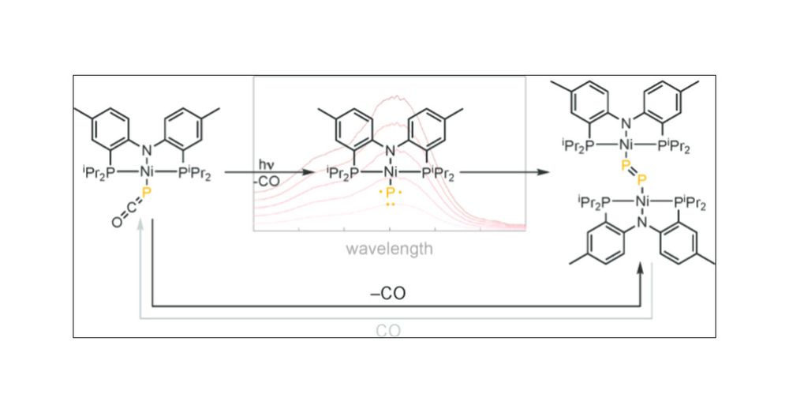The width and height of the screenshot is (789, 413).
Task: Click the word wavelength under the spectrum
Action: (x=389, y=249)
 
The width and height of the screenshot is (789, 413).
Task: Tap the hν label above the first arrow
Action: (x=266, y=165)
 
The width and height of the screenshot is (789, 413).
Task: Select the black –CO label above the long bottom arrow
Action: (x=388, y=293)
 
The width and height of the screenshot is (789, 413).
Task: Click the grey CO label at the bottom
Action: (x=388, y=331)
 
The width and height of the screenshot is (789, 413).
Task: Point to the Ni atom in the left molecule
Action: (x=147, y=172)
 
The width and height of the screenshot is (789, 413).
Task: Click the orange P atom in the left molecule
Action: (x=147, y=193)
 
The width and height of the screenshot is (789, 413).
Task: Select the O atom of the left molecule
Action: (x=117, y=222)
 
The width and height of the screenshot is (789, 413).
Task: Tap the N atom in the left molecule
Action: (x=147, y=150)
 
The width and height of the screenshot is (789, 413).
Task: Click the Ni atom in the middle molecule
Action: (x=391, y=172)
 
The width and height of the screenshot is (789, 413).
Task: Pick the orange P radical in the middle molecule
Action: (x=391, y=193)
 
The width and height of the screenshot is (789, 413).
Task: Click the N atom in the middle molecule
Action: (x=391, y=150)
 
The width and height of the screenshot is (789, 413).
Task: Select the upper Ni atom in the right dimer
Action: (x=626, y=145)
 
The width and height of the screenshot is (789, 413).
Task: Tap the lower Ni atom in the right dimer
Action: (x=642, y=202)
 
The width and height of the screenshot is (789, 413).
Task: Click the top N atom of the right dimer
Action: (x=626, y=123)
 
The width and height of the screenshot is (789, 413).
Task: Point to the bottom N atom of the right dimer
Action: (x=642, y=222)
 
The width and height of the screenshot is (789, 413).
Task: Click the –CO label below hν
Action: (x=266, y=181)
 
